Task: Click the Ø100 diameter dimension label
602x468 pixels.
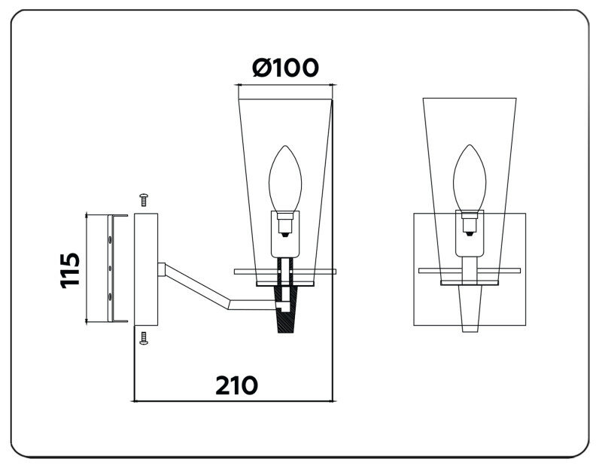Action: coord(285,68)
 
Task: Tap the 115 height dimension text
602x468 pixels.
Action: coord(69,269)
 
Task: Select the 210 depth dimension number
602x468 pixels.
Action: coord(236,384)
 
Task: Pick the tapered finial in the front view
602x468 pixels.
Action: coord(470,308)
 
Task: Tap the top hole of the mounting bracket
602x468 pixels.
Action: coord(111,239)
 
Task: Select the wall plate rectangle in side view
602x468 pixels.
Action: coord(144,269)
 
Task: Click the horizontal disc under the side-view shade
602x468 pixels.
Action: coord(286,269)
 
